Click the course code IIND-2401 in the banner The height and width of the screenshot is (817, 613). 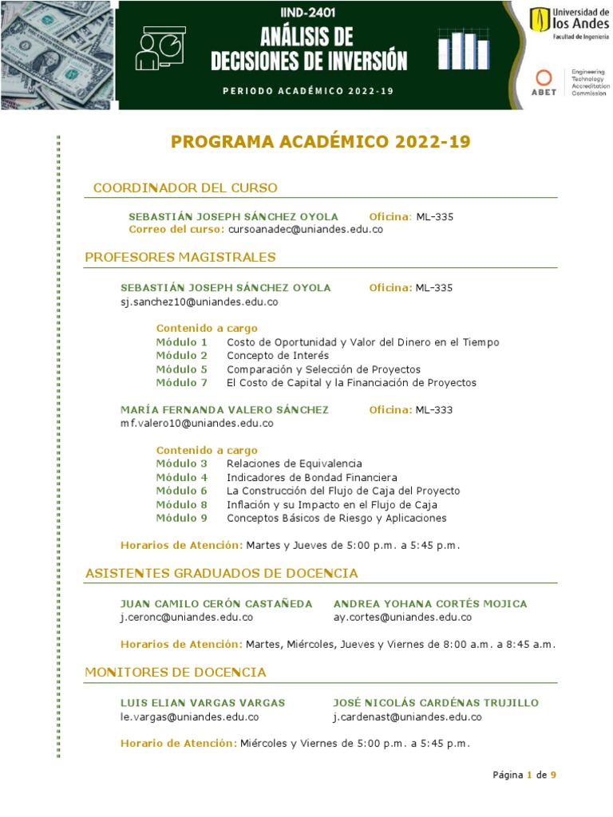[x=308, y=13]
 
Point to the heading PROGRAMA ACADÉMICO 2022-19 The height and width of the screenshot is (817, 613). [x=321, y=142]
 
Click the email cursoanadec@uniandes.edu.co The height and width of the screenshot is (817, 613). [x=306, y=230]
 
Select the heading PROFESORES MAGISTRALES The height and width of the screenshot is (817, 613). [x=180, y=257]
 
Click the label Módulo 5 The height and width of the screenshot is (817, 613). [x=182, y=369]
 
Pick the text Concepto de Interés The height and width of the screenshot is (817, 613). [x=278, y=356]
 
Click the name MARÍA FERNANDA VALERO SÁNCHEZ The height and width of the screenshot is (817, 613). [x=224, y=410]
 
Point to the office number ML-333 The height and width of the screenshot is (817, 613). [x=434, y=410]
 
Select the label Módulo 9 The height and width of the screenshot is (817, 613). [x=182, y=519]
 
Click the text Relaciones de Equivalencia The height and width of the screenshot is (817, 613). [x=295, y=464]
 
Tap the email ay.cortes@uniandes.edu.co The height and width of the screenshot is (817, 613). [x=402, y=618]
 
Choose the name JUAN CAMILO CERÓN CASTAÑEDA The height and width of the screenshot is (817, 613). [x=216, y=604]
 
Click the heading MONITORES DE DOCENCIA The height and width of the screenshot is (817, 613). [x=176, y=673]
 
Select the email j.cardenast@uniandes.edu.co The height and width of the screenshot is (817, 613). [x=407, y=717]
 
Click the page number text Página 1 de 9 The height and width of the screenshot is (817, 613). [x=524, y=775]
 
